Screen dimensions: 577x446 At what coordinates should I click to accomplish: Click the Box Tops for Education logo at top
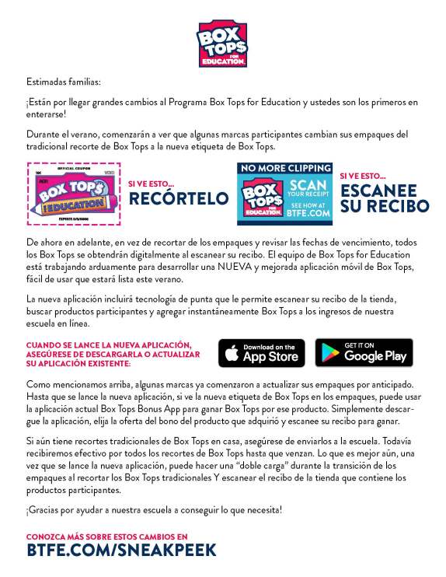point(222,44)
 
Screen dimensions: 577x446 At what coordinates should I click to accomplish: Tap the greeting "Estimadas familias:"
point(63,82)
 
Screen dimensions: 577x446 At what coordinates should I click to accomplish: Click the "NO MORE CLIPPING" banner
point(284,168)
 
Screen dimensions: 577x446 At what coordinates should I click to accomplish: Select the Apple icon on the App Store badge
point(232,354)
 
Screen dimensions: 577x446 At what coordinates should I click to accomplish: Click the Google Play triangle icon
point(329,354)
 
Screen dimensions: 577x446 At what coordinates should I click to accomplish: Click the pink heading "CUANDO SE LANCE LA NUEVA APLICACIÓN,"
point(108,344)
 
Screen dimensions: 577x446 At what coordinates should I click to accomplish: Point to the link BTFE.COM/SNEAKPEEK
point(120,551)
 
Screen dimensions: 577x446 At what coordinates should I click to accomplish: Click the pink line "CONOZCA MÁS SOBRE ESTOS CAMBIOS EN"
point(106,537)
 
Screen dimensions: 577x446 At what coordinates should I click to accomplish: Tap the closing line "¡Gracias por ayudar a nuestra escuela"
point(154,510)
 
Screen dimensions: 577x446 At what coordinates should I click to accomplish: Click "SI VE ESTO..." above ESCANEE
point(363,176)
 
